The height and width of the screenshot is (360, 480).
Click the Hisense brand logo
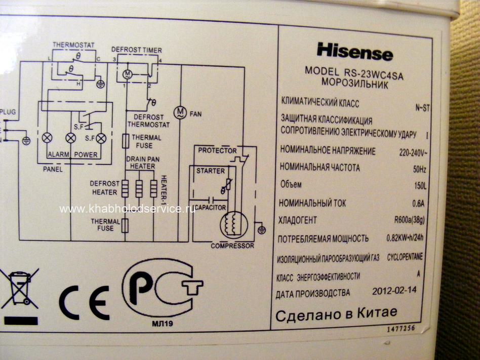point(355,52)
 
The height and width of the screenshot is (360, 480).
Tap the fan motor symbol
point(180,112)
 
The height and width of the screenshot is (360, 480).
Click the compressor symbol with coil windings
point(233,225)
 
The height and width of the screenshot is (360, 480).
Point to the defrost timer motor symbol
point(128,74)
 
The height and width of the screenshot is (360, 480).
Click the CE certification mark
point(85,302)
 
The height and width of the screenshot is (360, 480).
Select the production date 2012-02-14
point(394,291)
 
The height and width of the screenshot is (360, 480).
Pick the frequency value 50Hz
point(419,169)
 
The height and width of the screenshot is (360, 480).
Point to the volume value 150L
point(420,186)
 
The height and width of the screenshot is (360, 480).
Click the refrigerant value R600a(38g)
point(409,220)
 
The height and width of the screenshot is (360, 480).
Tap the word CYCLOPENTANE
point(405,257)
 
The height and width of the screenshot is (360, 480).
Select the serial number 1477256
point(401,329)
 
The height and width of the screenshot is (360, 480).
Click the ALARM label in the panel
point(58,154)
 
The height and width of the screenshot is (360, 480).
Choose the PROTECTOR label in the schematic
point(217,150)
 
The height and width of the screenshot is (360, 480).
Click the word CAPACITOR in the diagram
point(210,208)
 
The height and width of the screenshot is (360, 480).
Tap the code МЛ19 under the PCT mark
point(162,323)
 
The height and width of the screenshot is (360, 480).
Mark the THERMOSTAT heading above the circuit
point(73,45)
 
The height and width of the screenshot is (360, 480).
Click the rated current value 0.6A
point(418,203)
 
